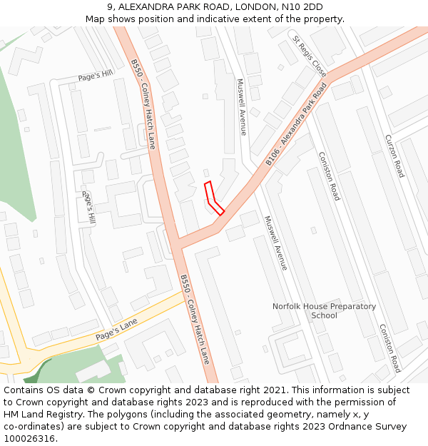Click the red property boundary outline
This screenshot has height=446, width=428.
pos(213,198)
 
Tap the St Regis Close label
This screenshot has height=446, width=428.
pos(309,58)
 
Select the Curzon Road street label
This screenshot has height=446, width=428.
pos(394,156)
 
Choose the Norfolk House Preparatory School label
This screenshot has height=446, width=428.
pos(324,310)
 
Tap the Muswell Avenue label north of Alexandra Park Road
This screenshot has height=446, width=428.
pos(241,106)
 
